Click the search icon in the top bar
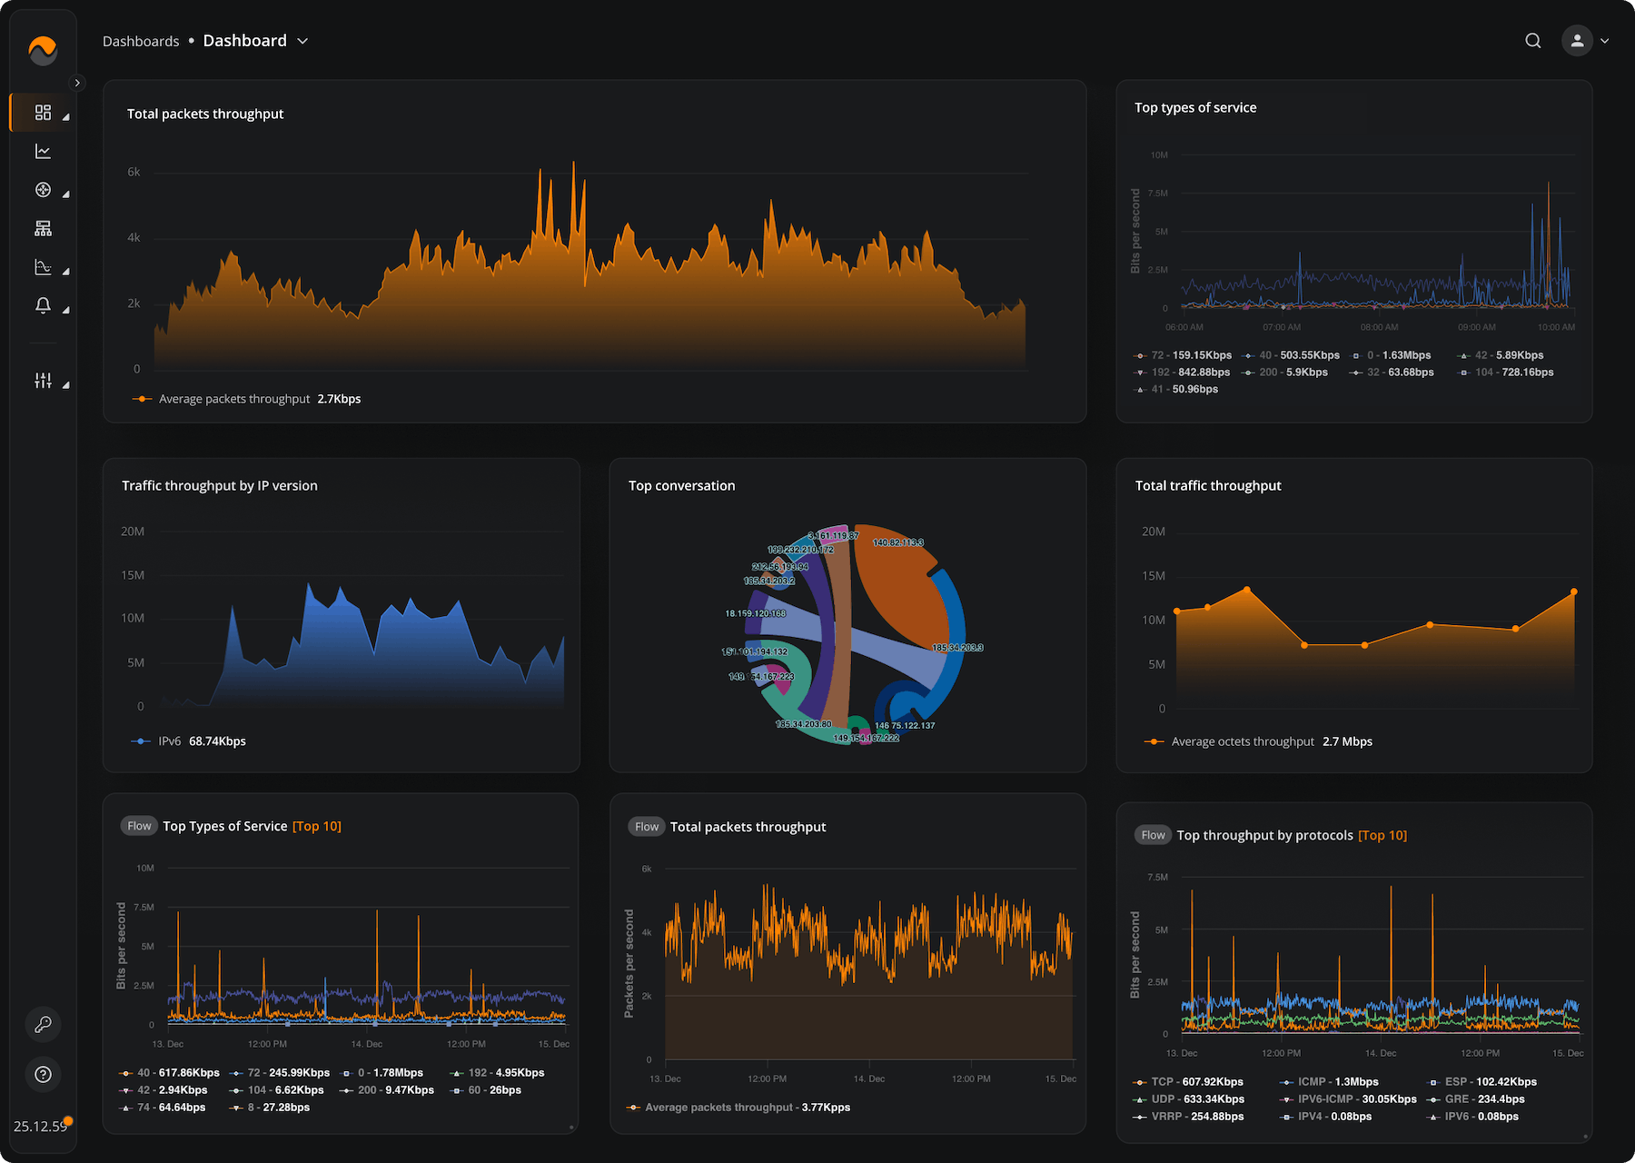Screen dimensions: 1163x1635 point(1533,41)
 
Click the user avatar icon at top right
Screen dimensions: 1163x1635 point(1577,41)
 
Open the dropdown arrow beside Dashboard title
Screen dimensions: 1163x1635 point(303,41)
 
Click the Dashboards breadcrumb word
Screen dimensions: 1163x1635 point(141,42)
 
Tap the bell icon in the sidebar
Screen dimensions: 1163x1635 point(43,305)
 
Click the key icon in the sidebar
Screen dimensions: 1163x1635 point(43,1025)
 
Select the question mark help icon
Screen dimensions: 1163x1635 point(43,1075)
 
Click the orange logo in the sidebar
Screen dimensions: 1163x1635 point(43,50)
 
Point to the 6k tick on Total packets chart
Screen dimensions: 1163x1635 point(134,172)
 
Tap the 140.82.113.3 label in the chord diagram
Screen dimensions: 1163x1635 point(897,542)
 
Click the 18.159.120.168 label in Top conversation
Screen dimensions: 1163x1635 point(755,613)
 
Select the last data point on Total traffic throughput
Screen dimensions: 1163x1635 point(1573,592)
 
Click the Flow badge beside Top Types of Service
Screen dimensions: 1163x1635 point(139,826)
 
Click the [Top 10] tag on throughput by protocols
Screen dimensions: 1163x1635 point(1382,835)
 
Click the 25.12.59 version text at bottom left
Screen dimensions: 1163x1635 point(40,1127)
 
